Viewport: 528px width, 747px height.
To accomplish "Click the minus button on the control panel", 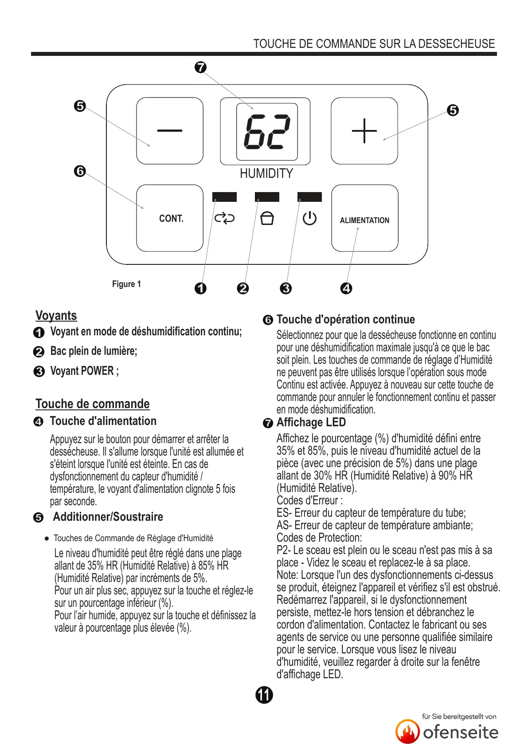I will coord(170,131).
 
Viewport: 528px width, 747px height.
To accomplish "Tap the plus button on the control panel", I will coord(364,131).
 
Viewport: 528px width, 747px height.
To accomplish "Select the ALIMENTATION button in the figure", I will coord(364,220).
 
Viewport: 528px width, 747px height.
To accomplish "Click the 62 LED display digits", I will coord(267,132).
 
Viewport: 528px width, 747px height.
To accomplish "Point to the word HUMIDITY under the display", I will coord(266,173).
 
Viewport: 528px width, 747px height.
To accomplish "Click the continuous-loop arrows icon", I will coord(224,218).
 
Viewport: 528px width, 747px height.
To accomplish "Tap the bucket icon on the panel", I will coord(267,218).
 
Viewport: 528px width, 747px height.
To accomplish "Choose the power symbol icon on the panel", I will coord(309,218).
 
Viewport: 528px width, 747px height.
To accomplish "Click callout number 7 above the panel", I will coord(200,67).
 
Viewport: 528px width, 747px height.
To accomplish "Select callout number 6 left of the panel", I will coord(80,171).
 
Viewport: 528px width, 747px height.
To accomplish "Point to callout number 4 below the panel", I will coord(346,288).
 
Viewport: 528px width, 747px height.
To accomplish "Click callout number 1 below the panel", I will coord(200,288).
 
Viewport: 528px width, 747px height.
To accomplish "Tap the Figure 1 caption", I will coord(126,284).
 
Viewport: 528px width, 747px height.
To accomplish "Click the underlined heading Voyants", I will coord(56,315).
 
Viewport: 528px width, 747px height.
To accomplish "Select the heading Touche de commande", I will coord(92,404).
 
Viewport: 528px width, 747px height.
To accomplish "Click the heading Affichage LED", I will coord(311,422).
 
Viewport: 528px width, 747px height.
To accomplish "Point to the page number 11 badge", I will coord(264,695).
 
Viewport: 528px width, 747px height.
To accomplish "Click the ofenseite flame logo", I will coord(407,731).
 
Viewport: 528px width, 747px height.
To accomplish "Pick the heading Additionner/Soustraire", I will coord(108,517).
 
